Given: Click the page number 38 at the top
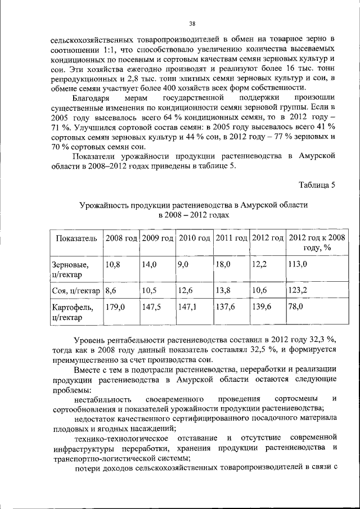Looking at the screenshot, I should (x=192, y=23).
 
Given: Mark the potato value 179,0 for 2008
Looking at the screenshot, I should (x=115, y=307).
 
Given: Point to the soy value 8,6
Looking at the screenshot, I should (x=111, y=290).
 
